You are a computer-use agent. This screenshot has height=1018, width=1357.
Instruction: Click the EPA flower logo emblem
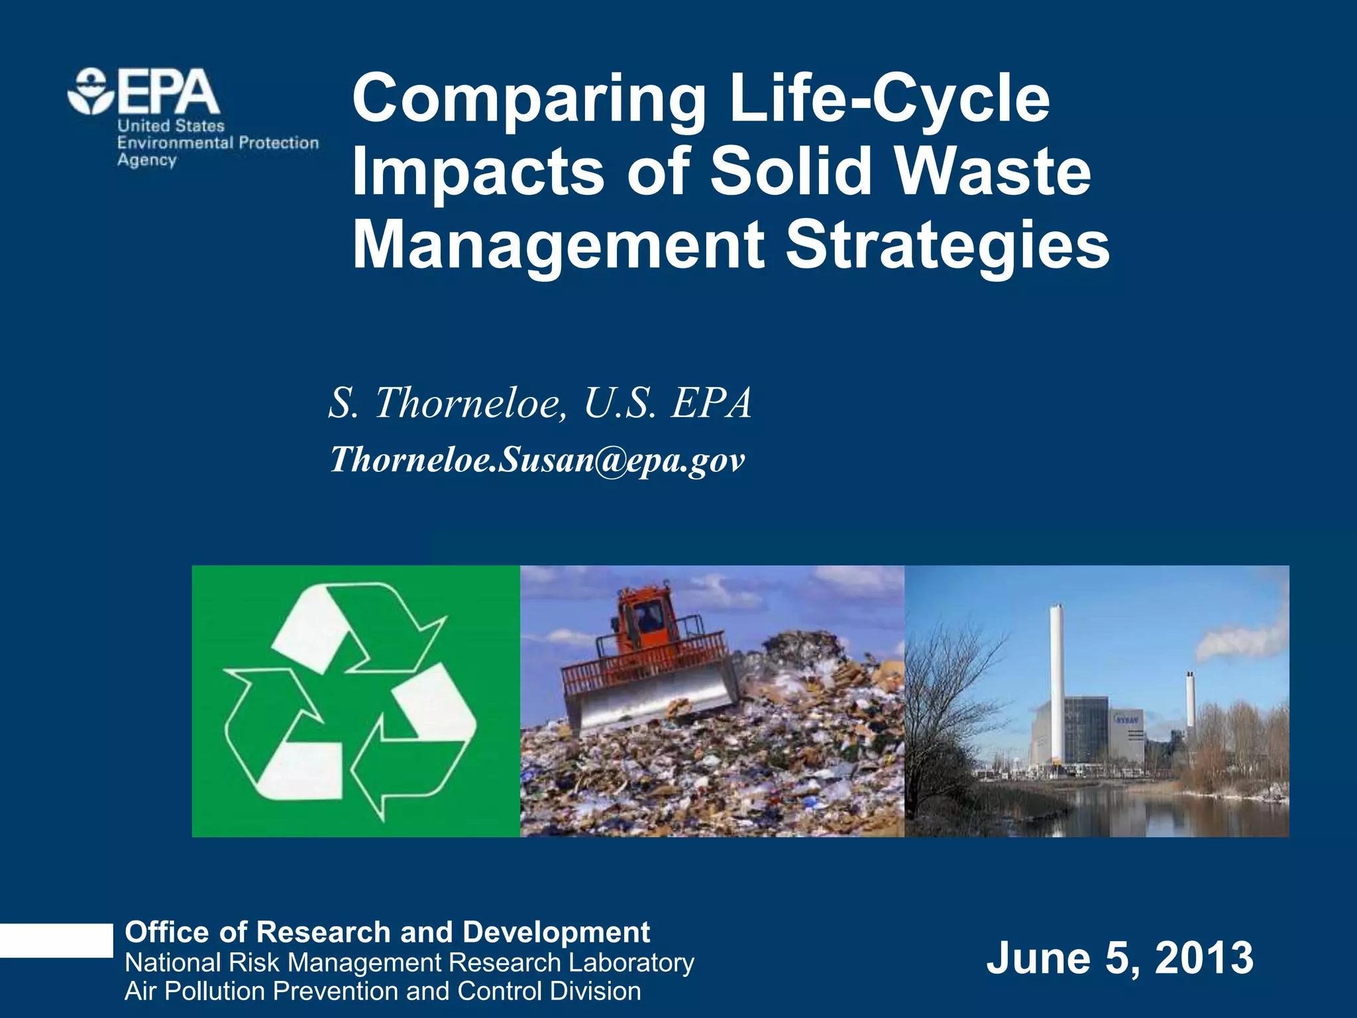point(91,91)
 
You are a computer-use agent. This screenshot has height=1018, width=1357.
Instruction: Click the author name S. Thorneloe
point(445,402)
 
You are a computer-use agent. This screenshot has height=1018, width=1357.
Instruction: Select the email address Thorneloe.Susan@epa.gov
point(537,459)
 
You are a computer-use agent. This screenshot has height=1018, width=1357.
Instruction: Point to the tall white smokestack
point(1057,683)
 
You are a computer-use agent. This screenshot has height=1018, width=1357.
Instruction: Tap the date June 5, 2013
point(1120,958)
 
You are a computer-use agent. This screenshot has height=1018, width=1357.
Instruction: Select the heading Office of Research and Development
point(387,933)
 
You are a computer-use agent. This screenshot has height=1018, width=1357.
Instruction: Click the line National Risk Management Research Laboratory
point(409,962)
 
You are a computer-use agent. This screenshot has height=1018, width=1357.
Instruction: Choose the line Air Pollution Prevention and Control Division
point(383,991)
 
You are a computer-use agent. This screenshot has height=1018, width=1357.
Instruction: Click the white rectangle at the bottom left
point(56,940)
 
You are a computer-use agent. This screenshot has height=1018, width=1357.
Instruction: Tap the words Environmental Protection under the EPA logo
point(218,143)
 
